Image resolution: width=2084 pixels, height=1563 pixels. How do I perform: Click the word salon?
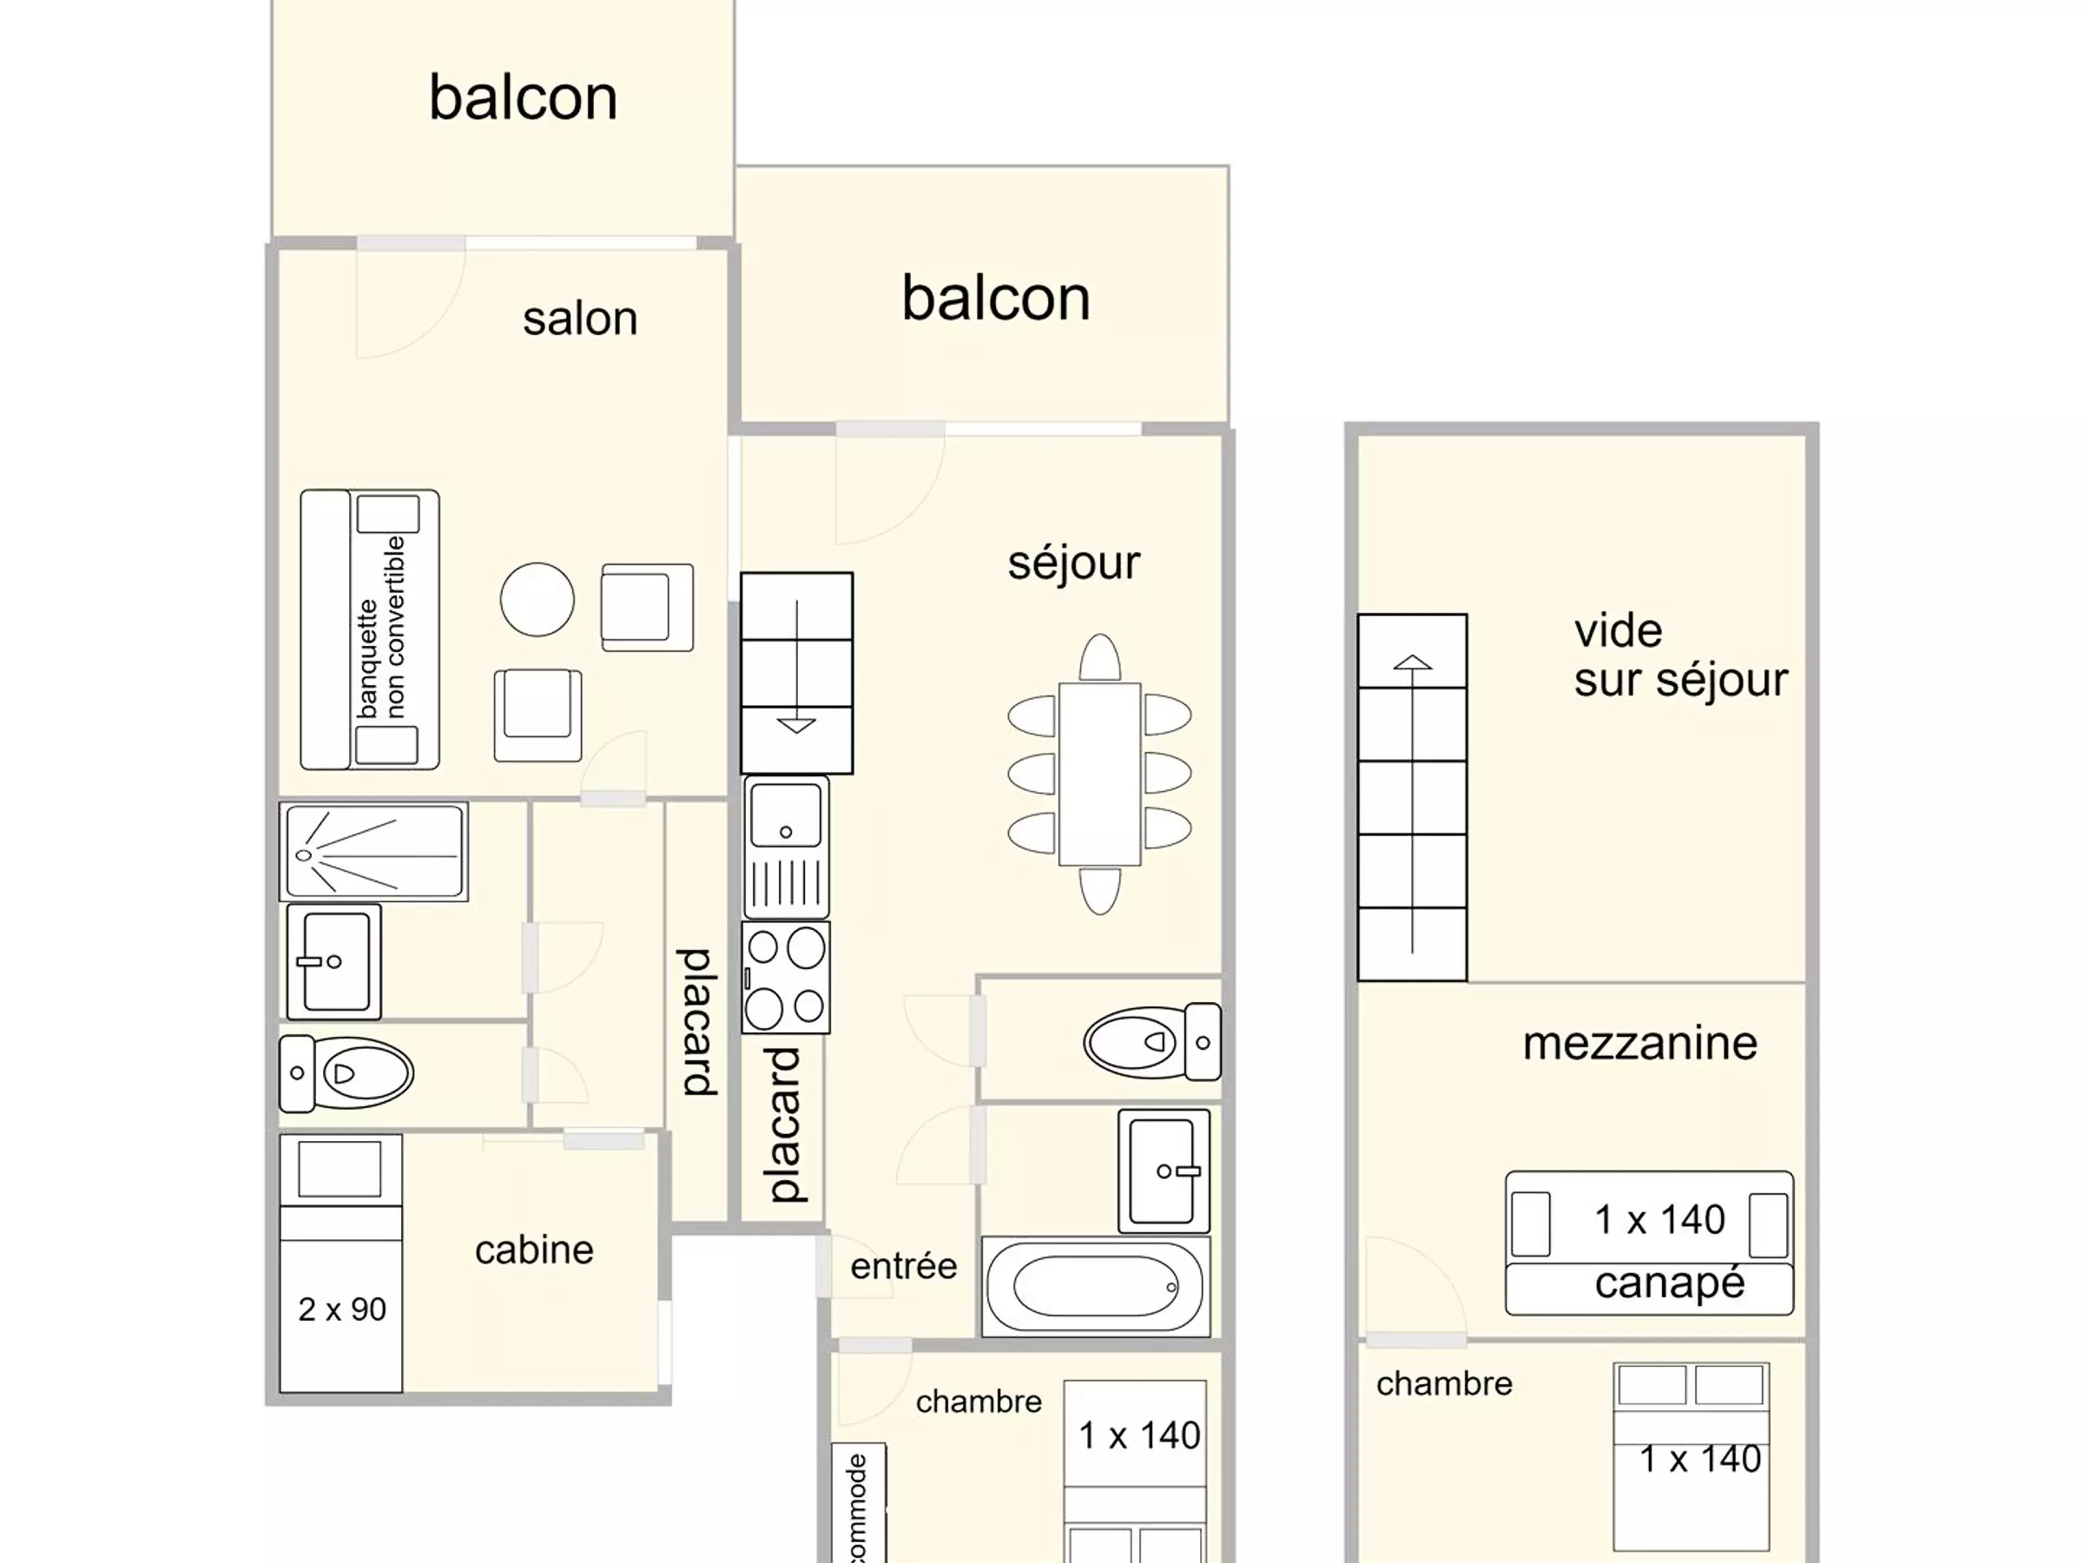click(580, 319)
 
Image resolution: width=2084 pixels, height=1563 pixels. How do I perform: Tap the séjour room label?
click(1074, 564)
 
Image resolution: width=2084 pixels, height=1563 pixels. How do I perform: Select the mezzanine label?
click(1640, 1043)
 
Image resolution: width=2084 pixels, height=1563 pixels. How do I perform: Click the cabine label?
click(534, 1250)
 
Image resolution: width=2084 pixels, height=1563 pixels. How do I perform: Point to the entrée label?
click(904, 1266)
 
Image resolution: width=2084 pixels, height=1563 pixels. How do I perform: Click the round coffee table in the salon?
click(537, 600)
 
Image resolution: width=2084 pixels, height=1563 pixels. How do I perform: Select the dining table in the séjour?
click(1099, 774)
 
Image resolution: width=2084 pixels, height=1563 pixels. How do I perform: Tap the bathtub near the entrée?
click(1096, 1287)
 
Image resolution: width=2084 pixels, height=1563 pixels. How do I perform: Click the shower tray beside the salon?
click(374, 852)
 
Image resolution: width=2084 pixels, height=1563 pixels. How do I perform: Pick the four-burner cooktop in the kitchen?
click(786, 977)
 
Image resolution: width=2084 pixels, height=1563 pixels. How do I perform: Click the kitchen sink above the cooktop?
click(786, 846)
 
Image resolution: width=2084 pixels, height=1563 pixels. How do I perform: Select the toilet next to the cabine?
click(346, 1073)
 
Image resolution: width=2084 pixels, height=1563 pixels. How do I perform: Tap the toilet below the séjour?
click(1152, 1042)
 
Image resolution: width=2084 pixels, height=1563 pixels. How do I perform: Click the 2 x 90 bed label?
click(342, 1309)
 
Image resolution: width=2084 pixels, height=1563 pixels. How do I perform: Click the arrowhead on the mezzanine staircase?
click(1412, 663)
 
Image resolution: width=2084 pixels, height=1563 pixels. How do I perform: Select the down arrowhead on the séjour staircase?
click(797, 725)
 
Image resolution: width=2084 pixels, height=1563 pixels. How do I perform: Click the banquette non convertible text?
click(381, 628)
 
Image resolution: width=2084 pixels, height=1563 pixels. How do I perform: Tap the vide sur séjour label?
click(1681, 656)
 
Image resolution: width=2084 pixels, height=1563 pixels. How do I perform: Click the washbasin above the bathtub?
click(1164, 1171)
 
